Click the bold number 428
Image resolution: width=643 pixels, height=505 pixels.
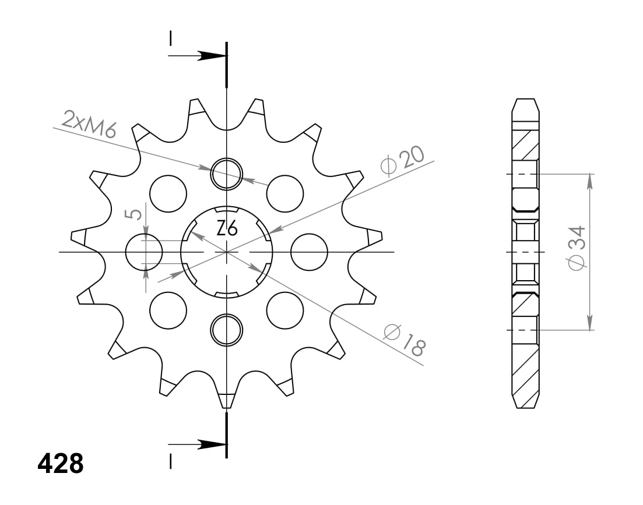tap(61, 464)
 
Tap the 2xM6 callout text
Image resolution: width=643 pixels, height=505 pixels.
tap(89, 124)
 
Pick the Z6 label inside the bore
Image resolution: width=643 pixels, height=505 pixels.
tap(227, 229)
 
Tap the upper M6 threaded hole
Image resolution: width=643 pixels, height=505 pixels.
tap(226, 174)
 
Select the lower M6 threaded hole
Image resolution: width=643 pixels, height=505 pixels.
tap(226, 330)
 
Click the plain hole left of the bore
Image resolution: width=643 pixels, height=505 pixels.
tap(144, 252)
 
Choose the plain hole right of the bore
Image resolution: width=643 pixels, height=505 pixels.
tap(309, 252)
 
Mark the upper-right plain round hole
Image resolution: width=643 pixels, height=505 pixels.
tap(285, 193)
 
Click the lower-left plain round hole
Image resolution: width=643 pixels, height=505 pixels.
tap(168, 310)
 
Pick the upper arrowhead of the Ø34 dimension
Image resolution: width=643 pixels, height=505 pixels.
tap(590, 181)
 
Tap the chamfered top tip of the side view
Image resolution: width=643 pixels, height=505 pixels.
tap(525, 105)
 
